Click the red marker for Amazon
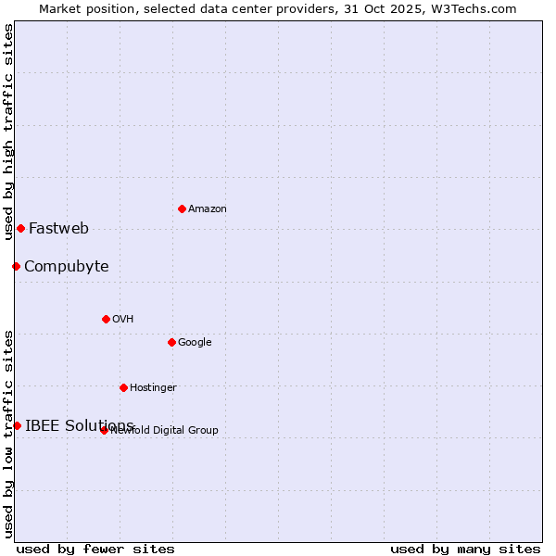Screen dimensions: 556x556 182,208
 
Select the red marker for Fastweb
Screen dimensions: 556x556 20,228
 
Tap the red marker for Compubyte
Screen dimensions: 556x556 16,267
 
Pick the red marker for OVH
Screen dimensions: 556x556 106,319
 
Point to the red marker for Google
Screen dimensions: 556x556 171,342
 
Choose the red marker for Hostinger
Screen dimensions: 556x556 123,387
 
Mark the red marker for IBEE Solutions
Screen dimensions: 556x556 17,425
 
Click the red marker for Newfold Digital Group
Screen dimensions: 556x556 104,430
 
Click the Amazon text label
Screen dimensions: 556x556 208,209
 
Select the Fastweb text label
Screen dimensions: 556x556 58,228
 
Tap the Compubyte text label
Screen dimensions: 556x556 66,267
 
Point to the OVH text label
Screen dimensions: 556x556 123,320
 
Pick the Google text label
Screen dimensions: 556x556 195,343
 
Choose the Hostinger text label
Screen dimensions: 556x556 153,387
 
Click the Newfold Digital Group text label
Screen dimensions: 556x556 165,430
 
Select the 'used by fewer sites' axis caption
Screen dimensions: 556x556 95,549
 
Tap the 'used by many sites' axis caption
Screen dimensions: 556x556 465,549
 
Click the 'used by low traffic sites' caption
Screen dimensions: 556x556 8,434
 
